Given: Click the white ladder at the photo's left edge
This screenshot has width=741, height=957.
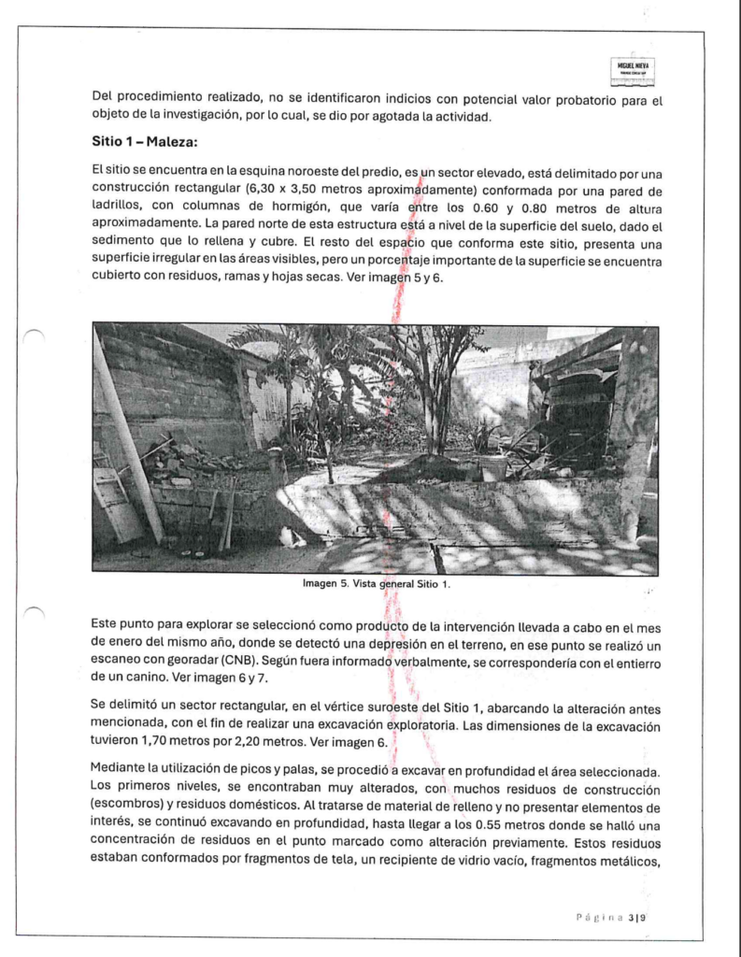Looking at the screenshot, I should [115, 505].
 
